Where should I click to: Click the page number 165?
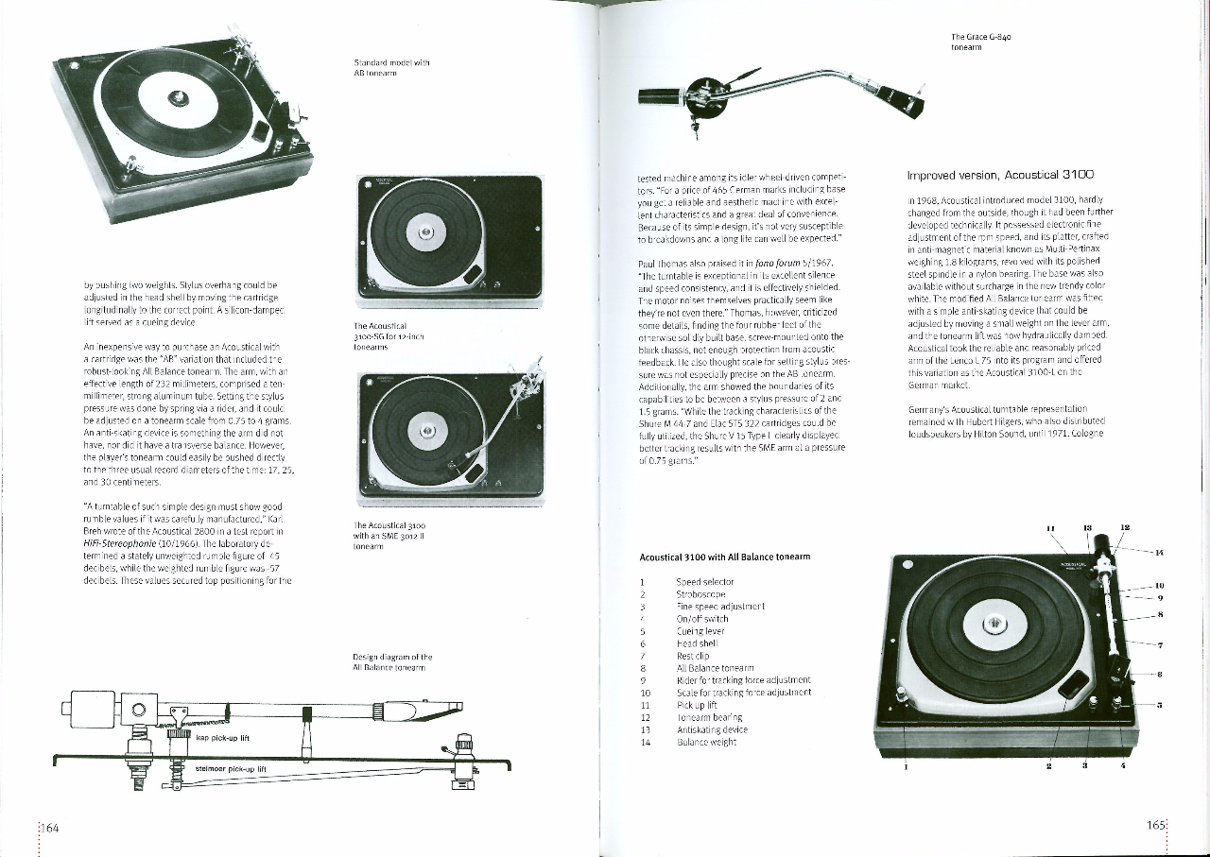1155,825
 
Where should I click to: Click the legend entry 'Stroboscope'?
699,594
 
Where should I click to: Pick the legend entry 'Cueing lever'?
700,631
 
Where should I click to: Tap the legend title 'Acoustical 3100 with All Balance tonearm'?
724,557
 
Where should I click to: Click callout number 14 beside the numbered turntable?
1159,551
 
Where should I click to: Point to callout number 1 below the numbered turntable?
906,766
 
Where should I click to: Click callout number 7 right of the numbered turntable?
1159,645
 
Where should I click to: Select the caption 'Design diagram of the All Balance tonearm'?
392,661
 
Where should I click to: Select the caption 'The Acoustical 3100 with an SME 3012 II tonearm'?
389,536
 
